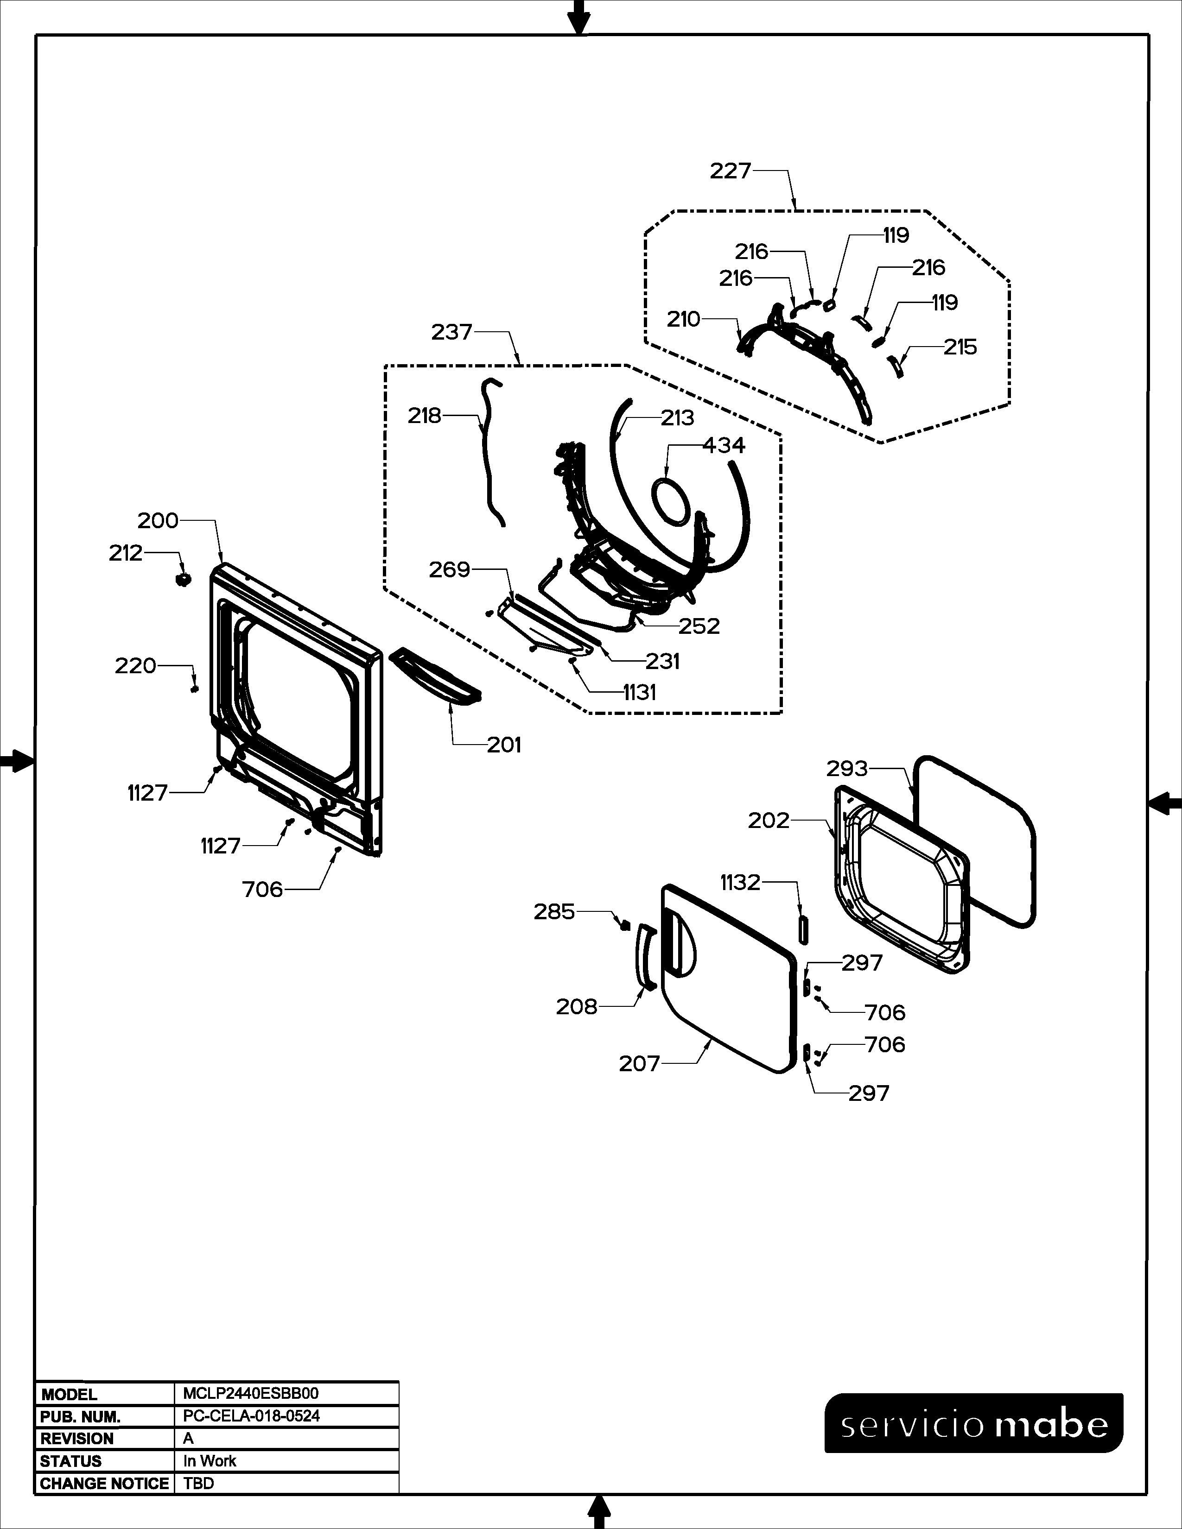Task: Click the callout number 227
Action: point(731,171)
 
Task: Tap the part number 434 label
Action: point(724,445)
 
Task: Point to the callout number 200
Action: point(158,521)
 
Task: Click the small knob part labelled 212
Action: point(184,579)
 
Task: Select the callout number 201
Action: point(504,745)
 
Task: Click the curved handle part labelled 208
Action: point(642,956)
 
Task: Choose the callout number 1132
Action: point(740,883)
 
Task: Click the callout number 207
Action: point(639,1064)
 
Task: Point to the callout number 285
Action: point(554,911)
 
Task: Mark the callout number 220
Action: point(135,666)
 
